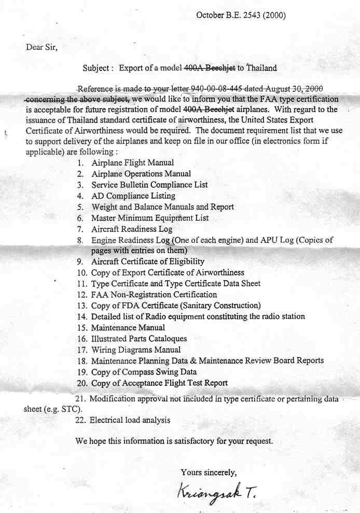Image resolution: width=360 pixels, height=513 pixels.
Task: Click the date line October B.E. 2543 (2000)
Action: (x=241, y=16)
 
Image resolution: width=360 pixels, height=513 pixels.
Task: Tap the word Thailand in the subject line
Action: (x=261, y=68)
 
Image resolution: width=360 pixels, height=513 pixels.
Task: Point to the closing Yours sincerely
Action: (x=209, y=472)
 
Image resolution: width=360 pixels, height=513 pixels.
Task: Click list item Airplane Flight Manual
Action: (x=132, y=163)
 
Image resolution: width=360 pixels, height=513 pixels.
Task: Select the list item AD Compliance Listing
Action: (x=133, y=196)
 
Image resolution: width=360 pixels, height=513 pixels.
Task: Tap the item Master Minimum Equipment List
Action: (x=150, y=218)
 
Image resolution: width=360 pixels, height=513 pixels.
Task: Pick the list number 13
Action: (x=81, y=306)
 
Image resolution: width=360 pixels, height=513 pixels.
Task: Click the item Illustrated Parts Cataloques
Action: (x=139, y=339)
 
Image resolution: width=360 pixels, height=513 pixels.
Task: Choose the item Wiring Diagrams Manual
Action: (x=136, y=350)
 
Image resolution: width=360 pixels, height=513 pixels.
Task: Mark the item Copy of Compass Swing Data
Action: (x=144, y=372)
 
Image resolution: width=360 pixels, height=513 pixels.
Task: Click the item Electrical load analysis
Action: (x=130, y=420)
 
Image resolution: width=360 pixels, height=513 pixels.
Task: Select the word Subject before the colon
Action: (x=95, y=68)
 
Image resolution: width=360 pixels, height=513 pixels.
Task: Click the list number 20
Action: (x=81, y=383)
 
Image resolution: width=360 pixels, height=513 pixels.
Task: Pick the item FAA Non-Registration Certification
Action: (x=146, y=295)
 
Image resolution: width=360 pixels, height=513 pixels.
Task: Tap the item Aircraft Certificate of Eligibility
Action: (x=147, y=261)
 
